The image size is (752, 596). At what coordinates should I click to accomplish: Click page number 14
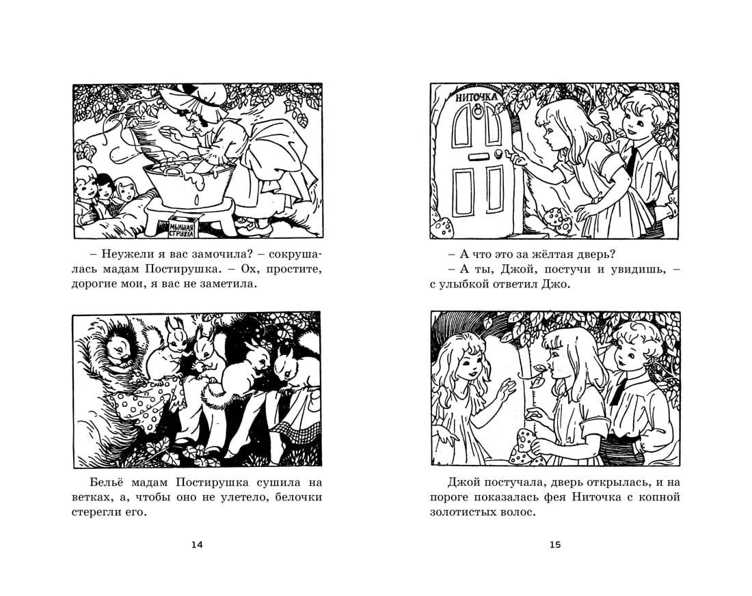pyautogui.click(x=197, y=544)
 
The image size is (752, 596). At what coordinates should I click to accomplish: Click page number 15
pyautogui.click(x=555, y=544)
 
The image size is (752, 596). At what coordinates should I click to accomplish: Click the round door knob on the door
pyautogui.click(x=499, y=154)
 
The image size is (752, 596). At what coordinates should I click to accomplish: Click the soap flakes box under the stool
pyautogui.click(x=182, y=226)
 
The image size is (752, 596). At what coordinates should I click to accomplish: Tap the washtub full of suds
pyautogui.click(x=189, y=181)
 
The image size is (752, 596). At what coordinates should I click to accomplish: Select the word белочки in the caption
pyautogui.click(x=299, y=497)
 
